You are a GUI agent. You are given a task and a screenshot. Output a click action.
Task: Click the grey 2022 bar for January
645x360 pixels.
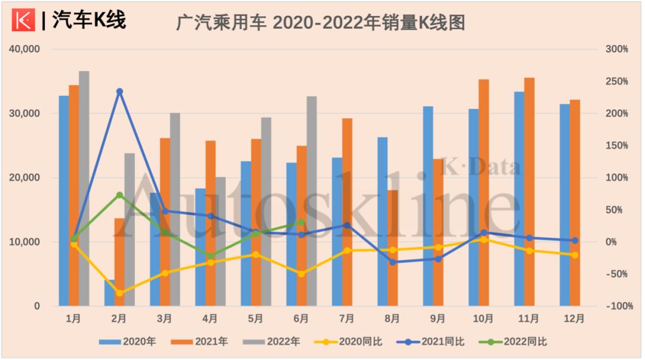tap(84, 188)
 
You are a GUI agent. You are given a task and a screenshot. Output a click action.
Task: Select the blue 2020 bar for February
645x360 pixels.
tap(109, 293)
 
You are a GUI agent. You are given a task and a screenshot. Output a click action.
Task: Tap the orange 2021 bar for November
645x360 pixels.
tap(529, 192)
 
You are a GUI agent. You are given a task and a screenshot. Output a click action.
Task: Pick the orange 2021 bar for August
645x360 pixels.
tap(392, 248)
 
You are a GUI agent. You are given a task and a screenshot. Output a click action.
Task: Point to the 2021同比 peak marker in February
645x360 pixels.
tap(119, 91)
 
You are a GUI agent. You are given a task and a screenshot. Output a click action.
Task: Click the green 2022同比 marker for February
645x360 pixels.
tap(119, 195)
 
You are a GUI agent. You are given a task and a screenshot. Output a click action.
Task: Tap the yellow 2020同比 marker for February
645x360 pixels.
tap(119, 293)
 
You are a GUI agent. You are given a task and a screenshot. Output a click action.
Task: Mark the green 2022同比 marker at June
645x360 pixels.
tap(302, 223)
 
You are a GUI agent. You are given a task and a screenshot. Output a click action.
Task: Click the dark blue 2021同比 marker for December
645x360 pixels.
tap(575, 241)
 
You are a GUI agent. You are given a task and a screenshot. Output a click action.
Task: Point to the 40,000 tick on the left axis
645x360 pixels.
tap(24, 50)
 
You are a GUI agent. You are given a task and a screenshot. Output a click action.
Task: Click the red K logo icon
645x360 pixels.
tap(24, 21)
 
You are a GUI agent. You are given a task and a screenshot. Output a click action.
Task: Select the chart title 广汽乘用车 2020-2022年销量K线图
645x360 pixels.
tap(320, 22)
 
